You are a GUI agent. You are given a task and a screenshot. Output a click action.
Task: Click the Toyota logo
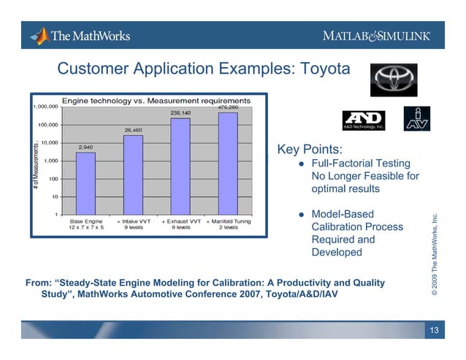395,75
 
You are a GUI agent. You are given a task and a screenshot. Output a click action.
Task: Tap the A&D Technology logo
363,120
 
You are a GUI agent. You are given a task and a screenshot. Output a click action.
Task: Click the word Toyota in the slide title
318,69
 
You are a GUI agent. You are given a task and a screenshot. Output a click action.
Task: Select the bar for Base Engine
85,183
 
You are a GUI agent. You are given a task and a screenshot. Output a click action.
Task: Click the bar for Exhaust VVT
180,166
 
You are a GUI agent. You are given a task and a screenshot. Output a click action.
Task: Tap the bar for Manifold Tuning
228,163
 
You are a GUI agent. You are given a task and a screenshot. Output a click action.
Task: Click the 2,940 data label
85,147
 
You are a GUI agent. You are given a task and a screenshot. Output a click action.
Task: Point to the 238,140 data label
180,113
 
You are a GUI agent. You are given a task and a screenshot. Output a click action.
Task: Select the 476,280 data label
229,107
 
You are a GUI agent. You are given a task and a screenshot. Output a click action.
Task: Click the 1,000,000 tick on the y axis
47,107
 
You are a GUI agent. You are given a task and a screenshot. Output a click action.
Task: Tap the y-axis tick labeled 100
53,178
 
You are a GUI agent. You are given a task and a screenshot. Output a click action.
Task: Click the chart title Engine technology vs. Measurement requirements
156,100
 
